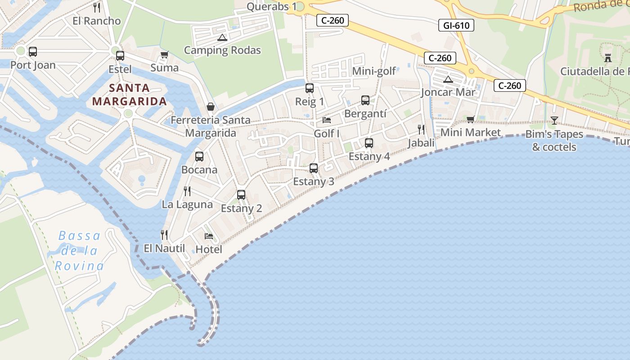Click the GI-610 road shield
(456, 26)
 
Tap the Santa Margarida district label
(130, 94)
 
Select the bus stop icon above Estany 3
(314, 168)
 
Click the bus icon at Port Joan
(32, 52)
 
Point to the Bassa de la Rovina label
(79, 251)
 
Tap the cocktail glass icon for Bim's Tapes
(554, 121)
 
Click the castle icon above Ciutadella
(607, 58)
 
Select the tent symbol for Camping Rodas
(221, 37)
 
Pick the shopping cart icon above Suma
(164, 54)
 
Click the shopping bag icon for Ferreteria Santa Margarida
(210, 107)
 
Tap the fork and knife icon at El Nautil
(164, 234)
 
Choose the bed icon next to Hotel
(209, 236)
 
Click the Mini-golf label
(374, 71)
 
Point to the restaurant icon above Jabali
(421, 130)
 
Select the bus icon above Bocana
(199, 157)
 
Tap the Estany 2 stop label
(241, 208)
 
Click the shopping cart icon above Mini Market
(470, 119)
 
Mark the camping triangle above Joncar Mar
(448, 80)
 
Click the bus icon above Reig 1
(310, 88)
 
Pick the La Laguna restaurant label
(187, 204)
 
